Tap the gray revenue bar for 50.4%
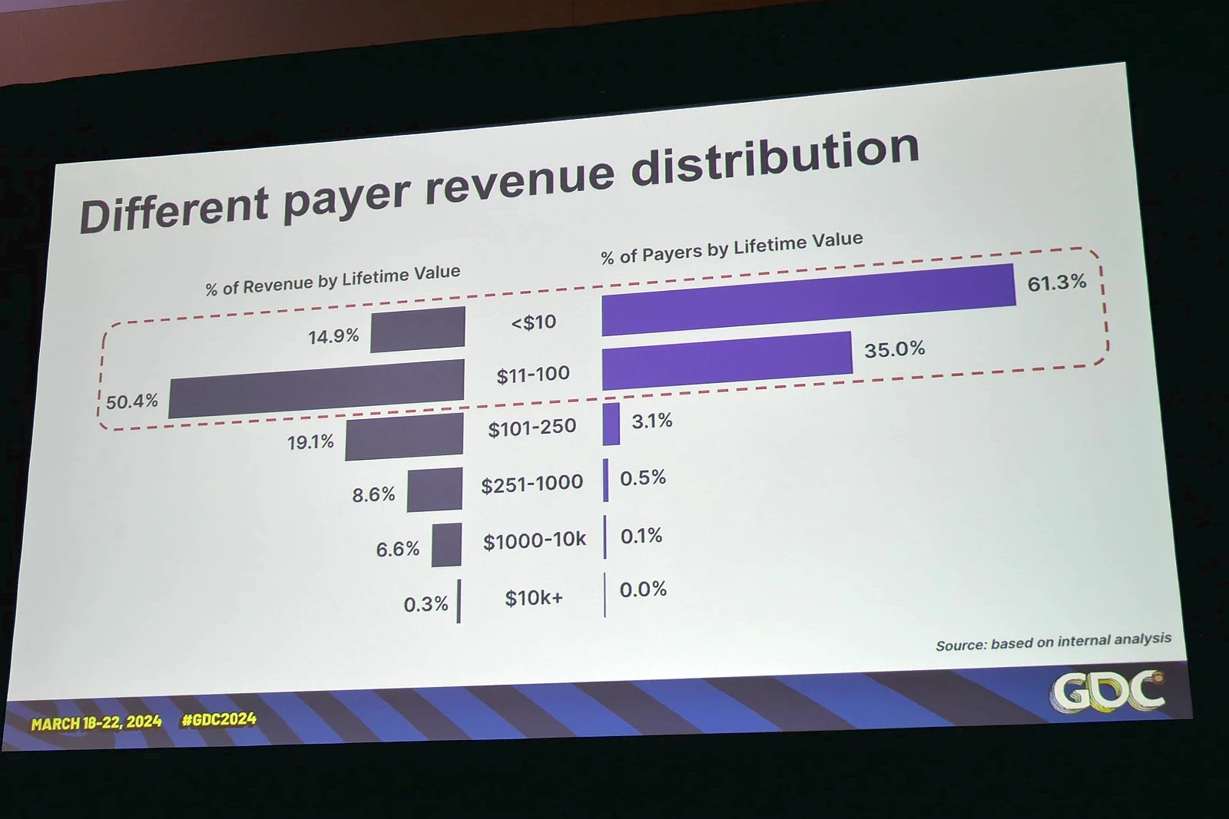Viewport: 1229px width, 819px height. [316, 389]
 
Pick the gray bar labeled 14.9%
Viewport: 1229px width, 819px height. [417, 329]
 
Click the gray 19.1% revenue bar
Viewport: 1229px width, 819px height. [404, 438]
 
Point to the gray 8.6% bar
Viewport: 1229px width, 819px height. [435, 490]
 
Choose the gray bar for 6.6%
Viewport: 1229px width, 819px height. [446, 545]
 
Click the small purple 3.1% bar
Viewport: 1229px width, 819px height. [611, 424]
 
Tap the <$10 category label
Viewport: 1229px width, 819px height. [533, 322]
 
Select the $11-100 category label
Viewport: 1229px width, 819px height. [533, 375]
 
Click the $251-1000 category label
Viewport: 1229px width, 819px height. [532, 484]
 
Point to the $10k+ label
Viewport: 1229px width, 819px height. [533, 598]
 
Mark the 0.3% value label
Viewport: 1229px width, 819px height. [426, 604]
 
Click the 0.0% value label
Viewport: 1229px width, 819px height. [643, 589]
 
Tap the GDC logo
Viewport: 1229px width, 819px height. [1107, 691]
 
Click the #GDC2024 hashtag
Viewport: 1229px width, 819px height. [219, 720]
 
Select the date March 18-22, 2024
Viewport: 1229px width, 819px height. [96, 722]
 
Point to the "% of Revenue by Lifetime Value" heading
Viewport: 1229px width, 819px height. [333, 281]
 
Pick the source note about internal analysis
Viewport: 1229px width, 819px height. [1053, 642]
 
